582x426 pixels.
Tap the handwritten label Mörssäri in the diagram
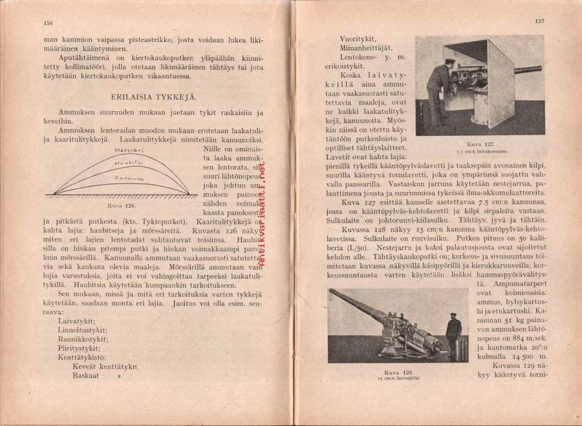click(x=128, y=150)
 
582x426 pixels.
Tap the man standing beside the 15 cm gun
click(x=454, y=335)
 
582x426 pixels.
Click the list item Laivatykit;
click(x=76, y=321)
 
